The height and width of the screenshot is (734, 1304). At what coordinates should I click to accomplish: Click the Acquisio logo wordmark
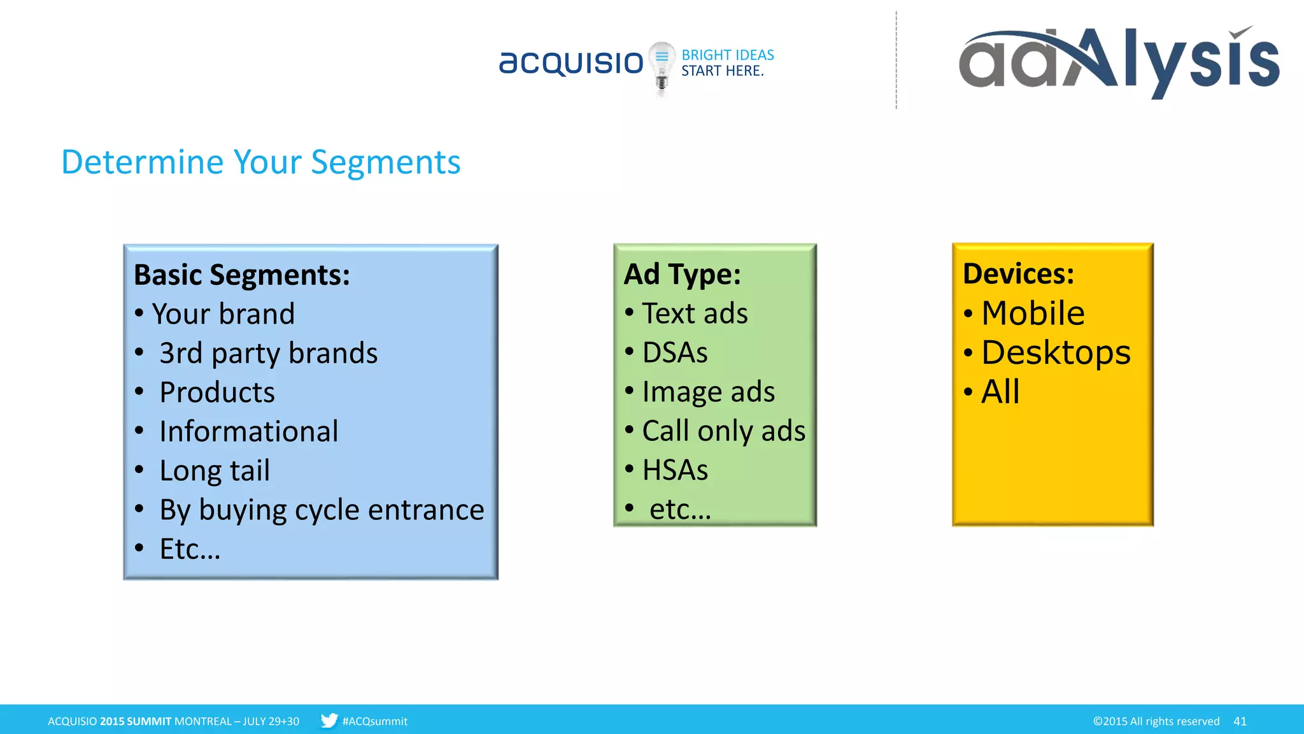[x=571, y=62]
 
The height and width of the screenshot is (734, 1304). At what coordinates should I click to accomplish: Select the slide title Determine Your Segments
[x=260, y=162]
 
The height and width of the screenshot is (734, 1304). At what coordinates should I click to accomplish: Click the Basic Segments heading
[x=242, y=275]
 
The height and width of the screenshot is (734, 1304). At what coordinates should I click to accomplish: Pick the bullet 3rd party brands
[x=268, y=353]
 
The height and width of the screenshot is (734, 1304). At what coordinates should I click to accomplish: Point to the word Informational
[x=248, y=431]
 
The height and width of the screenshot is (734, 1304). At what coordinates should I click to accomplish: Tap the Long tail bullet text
[x=215, y=471]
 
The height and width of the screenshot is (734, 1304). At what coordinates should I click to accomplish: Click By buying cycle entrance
[x=322, y=510]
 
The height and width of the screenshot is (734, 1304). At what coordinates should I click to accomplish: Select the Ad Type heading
[x=682, y=275]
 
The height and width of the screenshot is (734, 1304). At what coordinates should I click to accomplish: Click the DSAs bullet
[x=675, y=352]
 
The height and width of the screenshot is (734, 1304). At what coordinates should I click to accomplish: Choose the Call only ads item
[x=723, y=431]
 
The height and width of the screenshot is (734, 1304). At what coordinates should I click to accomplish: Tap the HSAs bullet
[x=675, y=470]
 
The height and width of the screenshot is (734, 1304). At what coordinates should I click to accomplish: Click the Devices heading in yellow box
[x=1018, y=274]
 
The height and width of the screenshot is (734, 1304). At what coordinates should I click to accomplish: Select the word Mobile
[x=1033, y=313]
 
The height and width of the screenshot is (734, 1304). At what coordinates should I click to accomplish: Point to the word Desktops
[x=1056, y=352]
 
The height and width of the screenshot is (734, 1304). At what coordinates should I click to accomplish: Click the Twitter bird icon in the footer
[x=329, y=721]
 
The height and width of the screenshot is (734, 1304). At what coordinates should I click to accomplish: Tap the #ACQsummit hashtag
[x=374, y=721]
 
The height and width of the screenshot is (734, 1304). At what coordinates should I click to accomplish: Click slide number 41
[x=1240, y=721]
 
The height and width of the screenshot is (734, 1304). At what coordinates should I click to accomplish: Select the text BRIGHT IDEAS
[x=728, y=55]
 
